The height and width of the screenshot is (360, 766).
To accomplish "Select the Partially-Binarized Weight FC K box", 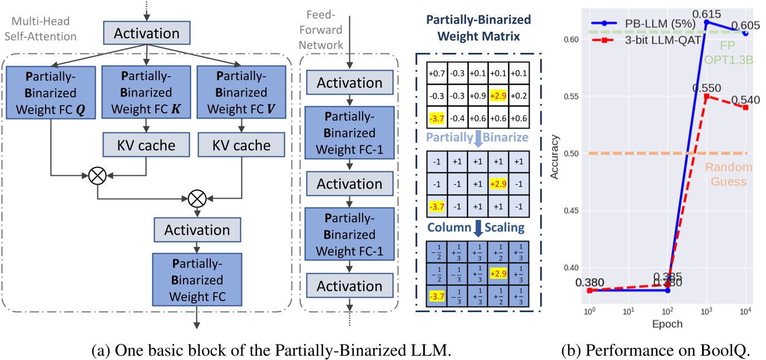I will [x=146, y=91].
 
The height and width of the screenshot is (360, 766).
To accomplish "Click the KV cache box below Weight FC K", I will [x=146, y=145].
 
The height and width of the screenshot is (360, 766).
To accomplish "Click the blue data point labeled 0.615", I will [x=706, y=22].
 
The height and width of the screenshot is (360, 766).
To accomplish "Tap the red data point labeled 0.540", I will [x=745, y=107].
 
